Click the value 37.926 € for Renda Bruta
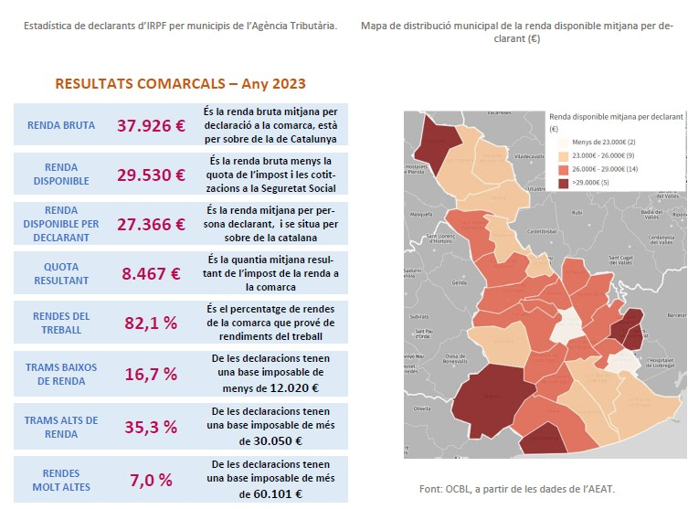click(151, 126)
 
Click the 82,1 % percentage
click(151, 324)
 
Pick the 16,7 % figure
click(151, 375)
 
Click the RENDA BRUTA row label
click(61, 126)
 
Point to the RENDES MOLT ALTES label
click(61, 480)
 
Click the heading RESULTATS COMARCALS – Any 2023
click(180, 83)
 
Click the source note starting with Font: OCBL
click(517, 489)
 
